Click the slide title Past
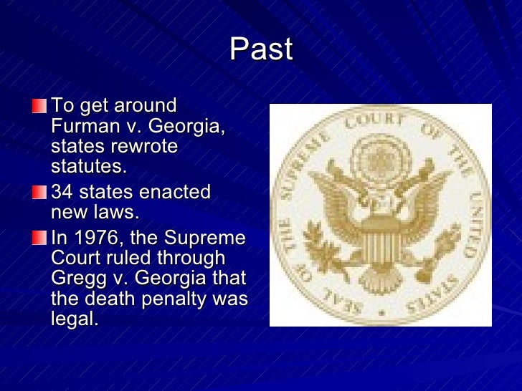pos(261,50)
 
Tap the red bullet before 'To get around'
pos(38,107)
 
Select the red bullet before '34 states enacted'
pos(38,193)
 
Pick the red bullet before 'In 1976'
pos(38,238)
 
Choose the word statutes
pos(88,167)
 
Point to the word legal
pos(74,319)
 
